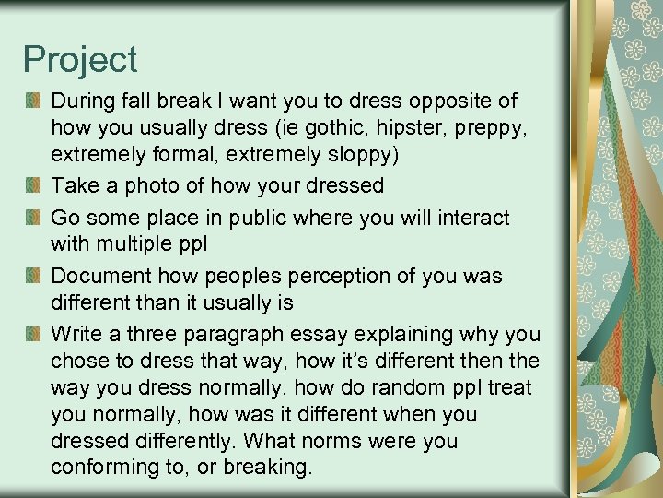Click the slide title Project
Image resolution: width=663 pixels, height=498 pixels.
80,60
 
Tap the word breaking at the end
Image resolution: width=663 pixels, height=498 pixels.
273,468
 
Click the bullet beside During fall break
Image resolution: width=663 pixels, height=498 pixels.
33,100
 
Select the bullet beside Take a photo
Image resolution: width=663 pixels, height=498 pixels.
33,185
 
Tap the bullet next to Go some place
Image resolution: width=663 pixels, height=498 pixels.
33,219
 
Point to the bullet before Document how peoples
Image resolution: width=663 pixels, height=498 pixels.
33,277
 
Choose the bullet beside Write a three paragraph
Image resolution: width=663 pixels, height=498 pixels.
33,334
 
